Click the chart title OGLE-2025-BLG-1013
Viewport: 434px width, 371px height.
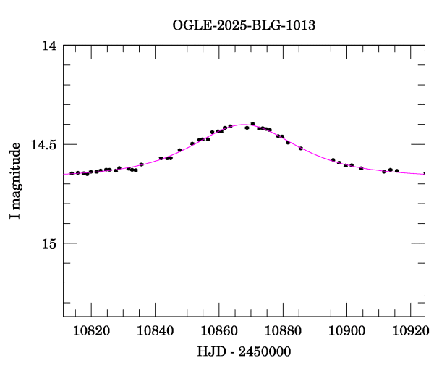(244, 25)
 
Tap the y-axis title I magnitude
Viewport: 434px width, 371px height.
(15, 181)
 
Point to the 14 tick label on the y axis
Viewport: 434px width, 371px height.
(48, 46)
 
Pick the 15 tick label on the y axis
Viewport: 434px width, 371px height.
(48, 243)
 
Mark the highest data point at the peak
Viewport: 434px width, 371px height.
(252, 124)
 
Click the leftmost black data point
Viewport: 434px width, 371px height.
(72, 173)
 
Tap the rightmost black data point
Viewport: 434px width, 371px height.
(396, 170)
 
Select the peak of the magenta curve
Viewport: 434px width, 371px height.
(243, 125)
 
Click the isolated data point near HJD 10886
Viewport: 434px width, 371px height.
(300, 149)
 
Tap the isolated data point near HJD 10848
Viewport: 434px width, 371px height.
(179, 150)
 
